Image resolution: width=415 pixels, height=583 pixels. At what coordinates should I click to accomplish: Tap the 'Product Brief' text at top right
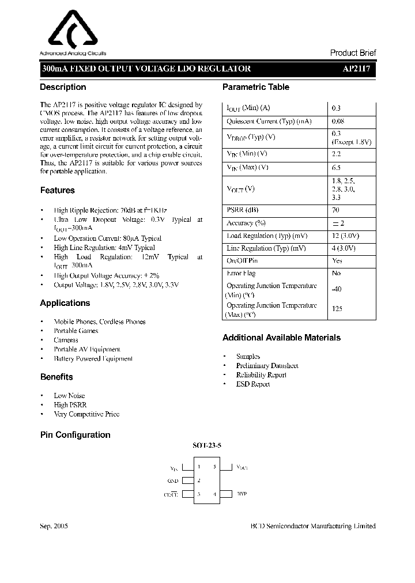(x=353, y=52)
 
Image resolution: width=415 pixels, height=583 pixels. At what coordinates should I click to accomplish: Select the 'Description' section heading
(x=63, y=87)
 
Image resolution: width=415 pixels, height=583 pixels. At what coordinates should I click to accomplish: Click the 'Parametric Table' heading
(x=256, y=87)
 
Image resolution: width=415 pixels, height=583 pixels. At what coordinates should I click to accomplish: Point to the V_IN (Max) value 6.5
(x=337, y=167)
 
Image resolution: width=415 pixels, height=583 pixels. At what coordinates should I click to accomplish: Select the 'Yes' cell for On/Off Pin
(x=337, y=260)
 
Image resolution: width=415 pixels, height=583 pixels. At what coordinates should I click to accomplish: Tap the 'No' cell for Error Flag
(x=337, y=273)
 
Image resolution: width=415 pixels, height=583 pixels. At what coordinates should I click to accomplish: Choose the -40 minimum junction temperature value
(x=337, y=290)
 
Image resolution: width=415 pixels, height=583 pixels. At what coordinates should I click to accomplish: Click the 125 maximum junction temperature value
(x=337, y=309)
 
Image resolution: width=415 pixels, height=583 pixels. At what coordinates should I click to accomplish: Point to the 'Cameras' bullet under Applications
(x=66, y=340)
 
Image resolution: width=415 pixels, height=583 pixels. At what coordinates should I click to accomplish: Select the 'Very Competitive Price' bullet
(x=86, y=414)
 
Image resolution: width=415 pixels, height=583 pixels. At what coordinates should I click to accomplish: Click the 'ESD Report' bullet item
(x=252, y=384)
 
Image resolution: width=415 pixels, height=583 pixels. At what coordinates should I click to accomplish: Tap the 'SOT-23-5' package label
(x=207, y=446)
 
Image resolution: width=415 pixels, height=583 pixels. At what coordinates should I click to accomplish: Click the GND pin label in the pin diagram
(x=173, y=480)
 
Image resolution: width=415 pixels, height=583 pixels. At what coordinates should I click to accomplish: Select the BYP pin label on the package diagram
(x=242, y=494)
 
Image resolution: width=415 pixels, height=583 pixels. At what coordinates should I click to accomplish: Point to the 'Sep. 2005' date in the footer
(x=55, y=526)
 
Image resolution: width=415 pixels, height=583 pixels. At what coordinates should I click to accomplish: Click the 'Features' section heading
(x=57, y=190)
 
